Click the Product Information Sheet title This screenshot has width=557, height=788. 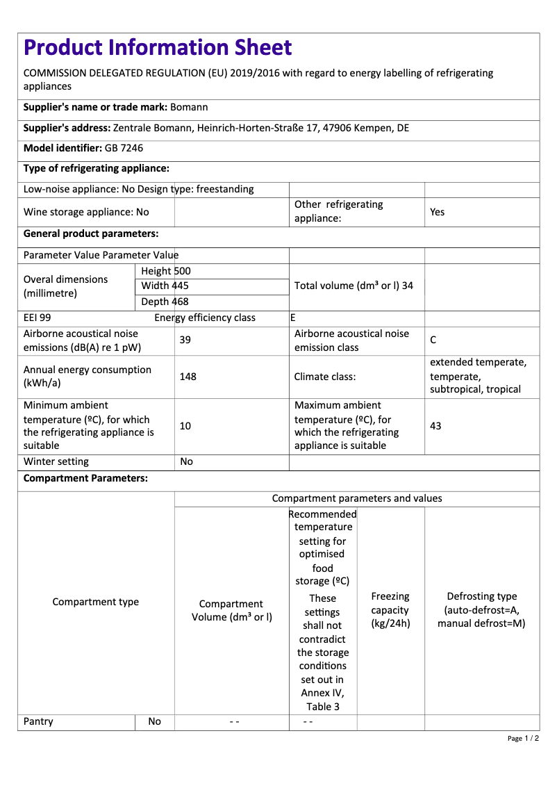(x=158, y=47)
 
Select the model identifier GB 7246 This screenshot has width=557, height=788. (x=124, y=148)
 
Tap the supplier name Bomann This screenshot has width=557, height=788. (x=189, y=107)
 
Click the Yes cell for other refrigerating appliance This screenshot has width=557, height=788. (x=437, y=212)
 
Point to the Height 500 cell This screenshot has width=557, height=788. (x=165, y=271)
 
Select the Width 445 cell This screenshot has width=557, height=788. (x=165, y=286)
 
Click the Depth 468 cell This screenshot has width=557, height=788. (x=165, y=302)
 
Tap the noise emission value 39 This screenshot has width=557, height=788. (x=185, y=340)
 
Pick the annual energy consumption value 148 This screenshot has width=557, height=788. (x=188, y=377)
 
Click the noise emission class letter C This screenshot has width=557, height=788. (x=433, y=340)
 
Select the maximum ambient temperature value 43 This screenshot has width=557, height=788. (x=435, y=425)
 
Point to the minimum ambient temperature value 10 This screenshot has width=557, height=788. (x=185, y=425)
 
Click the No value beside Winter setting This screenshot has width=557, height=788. (x=186, y=461)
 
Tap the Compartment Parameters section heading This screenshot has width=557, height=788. (x=85, y=478)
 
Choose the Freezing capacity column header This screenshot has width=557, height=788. (x=390, y=609)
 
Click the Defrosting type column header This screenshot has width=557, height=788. (x=481, y=609)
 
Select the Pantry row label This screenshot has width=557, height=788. (x=38, y=721)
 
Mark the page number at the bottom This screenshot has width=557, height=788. (x=522, y=738)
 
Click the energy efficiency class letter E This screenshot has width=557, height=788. (x=293, y=318)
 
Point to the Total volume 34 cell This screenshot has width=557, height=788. (x=354, y=286)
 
